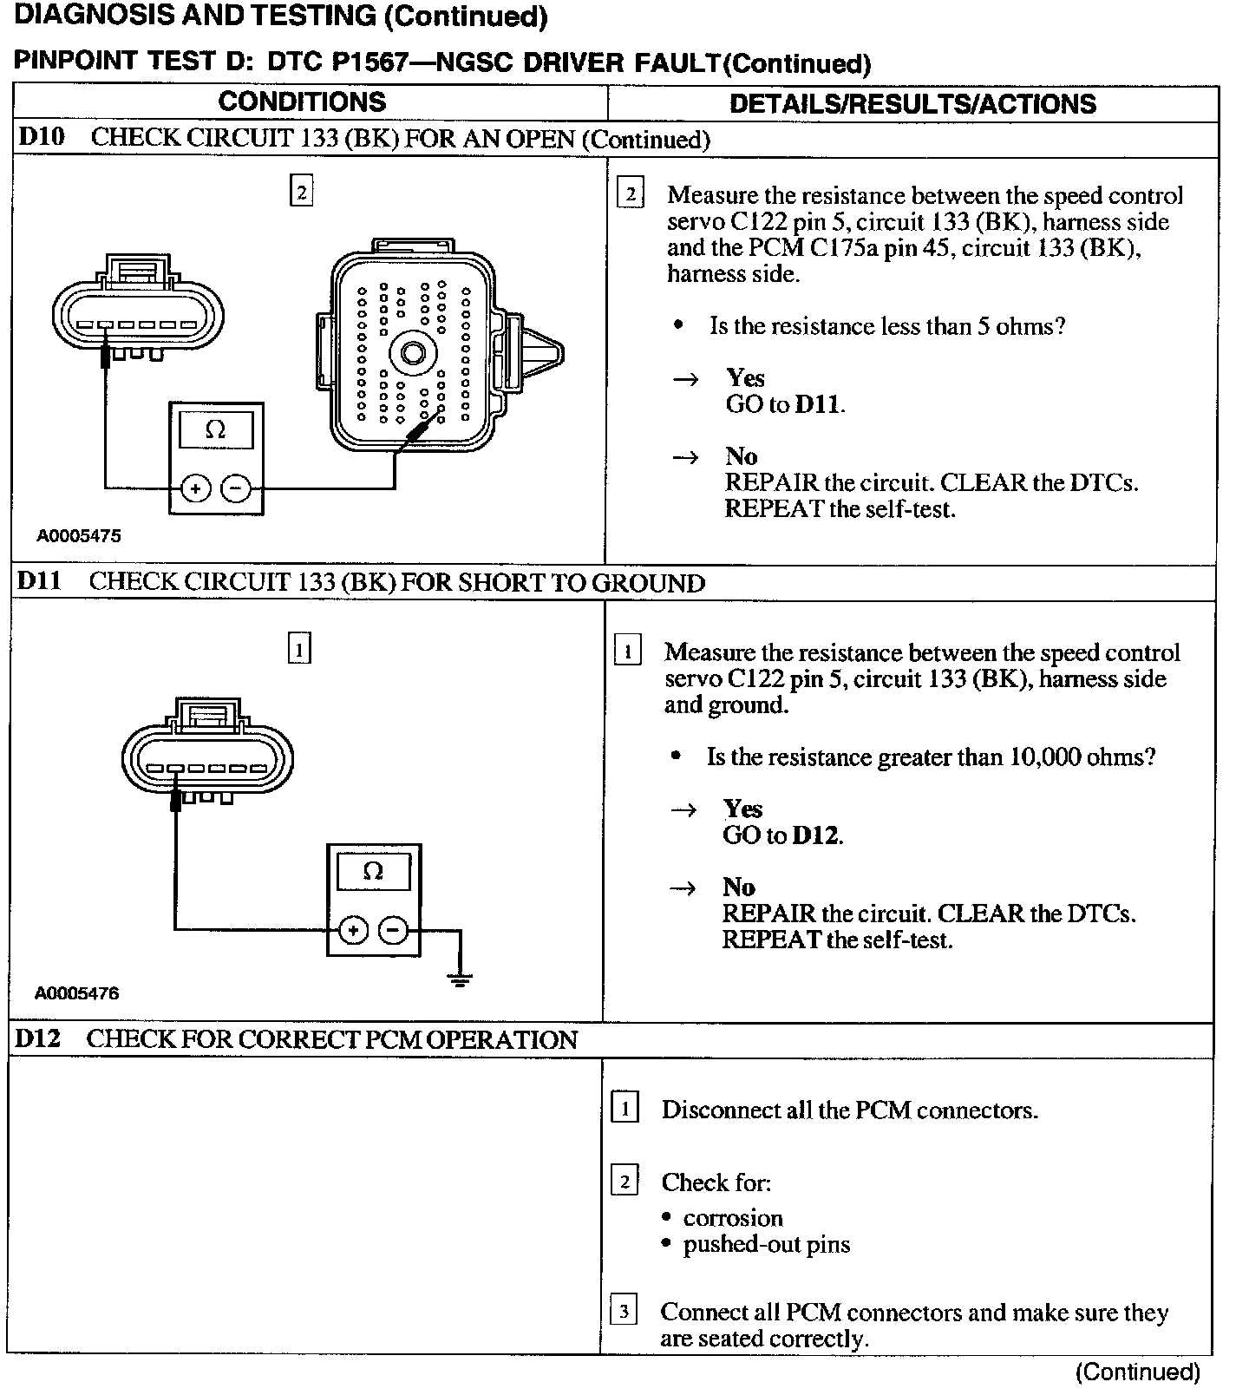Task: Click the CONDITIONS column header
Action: (x=302, y=102)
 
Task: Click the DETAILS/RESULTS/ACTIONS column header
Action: (x=912, y=104)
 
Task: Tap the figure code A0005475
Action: (x=78, y=535)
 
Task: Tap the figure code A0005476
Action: (x=77, y=992)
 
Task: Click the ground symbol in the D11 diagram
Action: (x=460, y=980)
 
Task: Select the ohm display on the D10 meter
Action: (x=215, y=429)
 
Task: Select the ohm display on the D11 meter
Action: (x=373, y=870)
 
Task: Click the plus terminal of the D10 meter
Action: (x=196, y=488)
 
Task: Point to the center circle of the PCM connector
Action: (x=409, y=354)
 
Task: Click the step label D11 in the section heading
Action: (x=39, y=581)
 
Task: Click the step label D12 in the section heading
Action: (x=38, y=1038)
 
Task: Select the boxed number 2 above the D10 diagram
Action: (x=301, y=191)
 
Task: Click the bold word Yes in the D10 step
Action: (x=745, y=377)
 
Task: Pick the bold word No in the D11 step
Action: (x=738, y=887)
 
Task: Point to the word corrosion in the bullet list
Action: (x=733, y=1217)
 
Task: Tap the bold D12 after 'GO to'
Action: (x=816, y=835)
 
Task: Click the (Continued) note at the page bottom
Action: (x=1137, y=1372)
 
